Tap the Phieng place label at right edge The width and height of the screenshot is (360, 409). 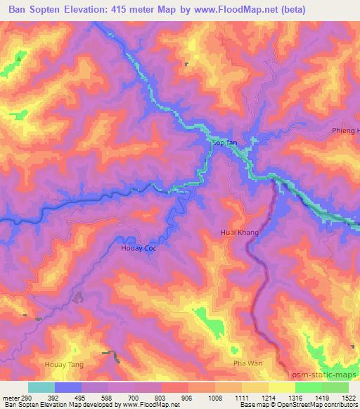(x=345, y=131)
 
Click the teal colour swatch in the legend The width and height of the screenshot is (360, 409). (x=41, y=387)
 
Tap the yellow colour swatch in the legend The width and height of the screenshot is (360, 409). (x=281, y=387)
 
